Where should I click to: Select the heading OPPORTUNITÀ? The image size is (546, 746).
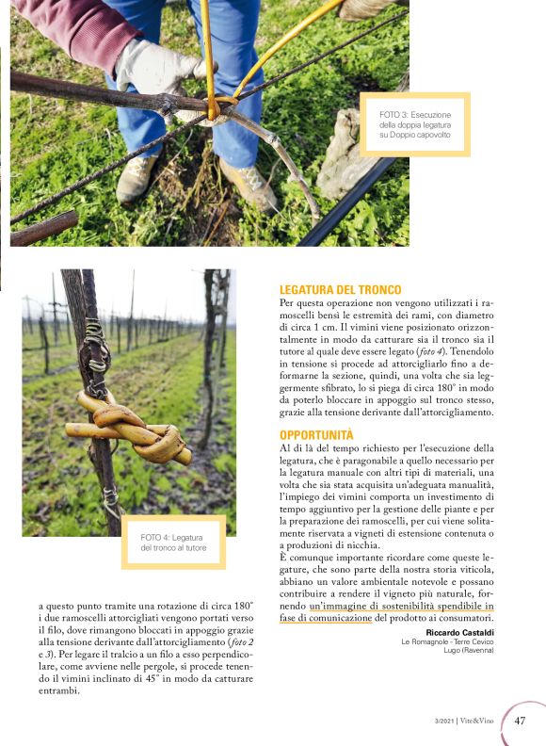316,434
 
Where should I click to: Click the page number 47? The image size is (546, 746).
521,721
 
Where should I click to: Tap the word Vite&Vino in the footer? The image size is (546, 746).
480,722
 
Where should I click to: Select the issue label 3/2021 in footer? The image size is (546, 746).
443,722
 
